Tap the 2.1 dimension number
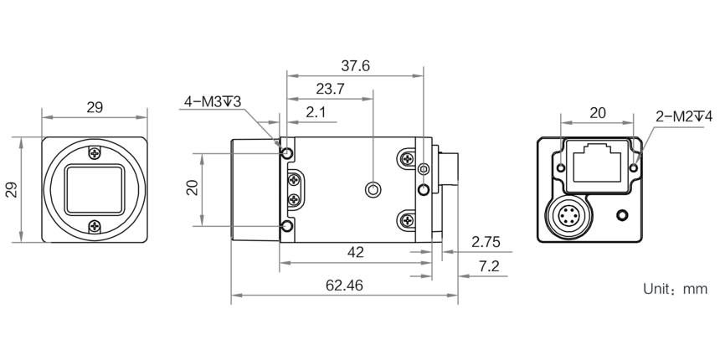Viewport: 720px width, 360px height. tap(316, 112)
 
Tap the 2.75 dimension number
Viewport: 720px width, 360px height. tap(486, 243)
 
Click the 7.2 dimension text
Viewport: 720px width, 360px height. tap(488, 267)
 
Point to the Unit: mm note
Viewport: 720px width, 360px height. tap(675, 290)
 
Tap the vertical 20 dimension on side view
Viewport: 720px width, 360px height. tap(192, 188)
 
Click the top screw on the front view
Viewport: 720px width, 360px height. tap(95, 152)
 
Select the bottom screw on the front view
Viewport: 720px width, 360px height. tap(95, 224)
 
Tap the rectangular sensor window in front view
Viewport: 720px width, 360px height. tap(95, 188)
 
